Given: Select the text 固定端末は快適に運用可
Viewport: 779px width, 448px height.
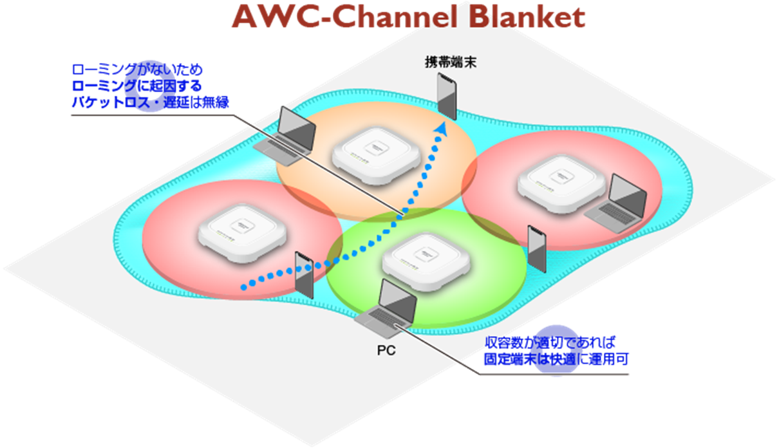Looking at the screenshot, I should pos(556,360).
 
